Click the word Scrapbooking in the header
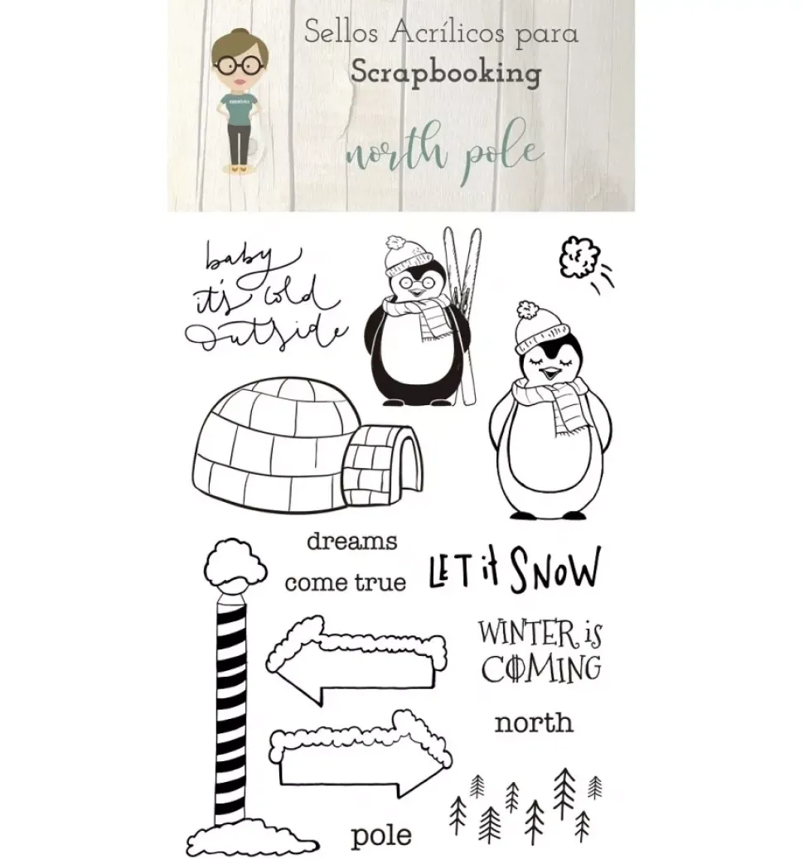[x=446, y=73]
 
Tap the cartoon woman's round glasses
[x=240, y=65]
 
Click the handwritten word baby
[x=240, y=258]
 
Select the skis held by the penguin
[x=463, y=315]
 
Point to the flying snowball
[x=579, y=257]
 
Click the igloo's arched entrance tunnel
[x=382, y=465]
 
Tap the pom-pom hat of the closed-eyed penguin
[x=539, y=327]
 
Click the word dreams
[x=351, y=541]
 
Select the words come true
[x=346, y=582]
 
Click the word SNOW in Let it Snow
[x=555, y=570]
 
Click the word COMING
[x=541, y=668]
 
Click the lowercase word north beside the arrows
[x=534, y=723]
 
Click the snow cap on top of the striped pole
[x=235, y=562]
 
